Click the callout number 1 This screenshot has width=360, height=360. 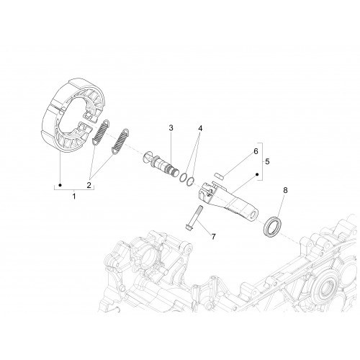pyautogui.click(x=74, y=196)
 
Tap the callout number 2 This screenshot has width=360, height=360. pyautogui.click(x=89, y=185)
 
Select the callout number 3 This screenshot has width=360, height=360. pyautogui.click(x=171, y=128)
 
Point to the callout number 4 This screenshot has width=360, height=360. pyautogui.click(x=200, y=128)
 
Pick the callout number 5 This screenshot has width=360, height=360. pyautogui.click(x=267, y=161)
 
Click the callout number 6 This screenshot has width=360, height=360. pyautogui.click(x=256, y=151)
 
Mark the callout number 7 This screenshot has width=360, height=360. pyautogui.click(x=213, y=237)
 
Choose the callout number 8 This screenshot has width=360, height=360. pyautogui.click(x=285, y=190)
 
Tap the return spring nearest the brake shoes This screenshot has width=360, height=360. pyautogui.click(x=101, y=132)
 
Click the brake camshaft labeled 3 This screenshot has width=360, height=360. pyautogui.click(x=161, y=163)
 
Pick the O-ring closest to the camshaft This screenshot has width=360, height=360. pyautogui.click(x=184, y=178)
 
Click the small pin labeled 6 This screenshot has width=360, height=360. pyautogui.click(x=219, y=175)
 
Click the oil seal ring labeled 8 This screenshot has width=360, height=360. pyautogui.click(x=273, y=227)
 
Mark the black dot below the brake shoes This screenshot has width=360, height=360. pyautogui.click(x=60, y=185)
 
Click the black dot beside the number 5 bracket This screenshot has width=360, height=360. pyautogui.click(x=257, y=174)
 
